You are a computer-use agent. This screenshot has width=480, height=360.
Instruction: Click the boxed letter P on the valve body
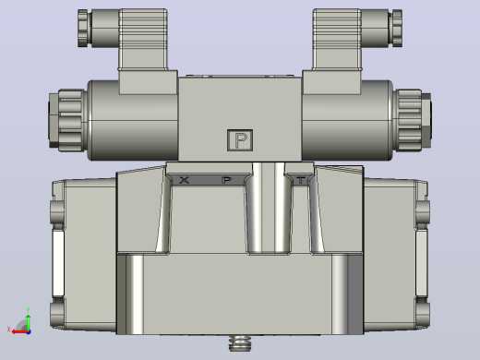[x=240, y=140]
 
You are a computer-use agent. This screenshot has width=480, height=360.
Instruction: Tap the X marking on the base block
[x=184, y=180]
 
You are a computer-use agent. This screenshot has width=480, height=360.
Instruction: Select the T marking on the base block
[x=301, y=180]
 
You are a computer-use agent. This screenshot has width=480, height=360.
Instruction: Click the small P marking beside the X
[x=226, y=180]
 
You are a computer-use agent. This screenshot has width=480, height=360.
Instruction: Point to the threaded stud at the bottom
[x=240, y=343]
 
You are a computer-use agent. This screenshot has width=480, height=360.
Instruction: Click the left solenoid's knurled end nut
[x=66, y=120]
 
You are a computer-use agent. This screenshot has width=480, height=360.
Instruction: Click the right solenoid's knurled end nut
[x=413, y=120]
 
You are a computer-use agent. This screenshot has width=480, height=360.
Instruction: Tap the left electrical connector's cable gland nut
[x=83, y=28]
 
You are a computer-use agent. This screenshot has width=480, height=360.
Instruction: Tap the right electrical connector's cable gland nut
[x=396, y=28]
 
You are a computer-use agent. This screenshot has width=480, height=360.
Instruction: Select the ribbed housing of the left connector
[x=143, y=40]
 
